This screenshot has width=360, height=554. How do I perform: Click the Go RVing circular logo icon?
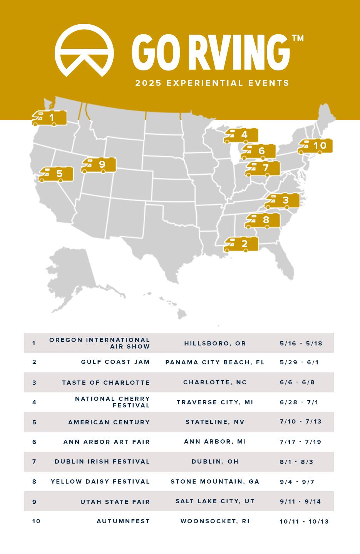(x=84, y=50)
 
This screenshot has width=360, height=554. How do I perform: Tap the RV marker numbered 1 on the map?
(x=50, y=118)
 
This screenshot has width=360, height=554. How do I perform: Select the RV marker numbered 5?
(x=56, y=174)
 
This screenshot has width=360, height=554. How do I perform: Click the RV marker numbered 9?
(x=99, y=165)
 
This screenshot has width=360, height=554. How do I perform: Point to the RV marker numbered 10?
(x=315, y=146)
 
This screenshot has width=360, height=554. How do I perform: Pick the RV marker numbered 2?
(x=241, y=244)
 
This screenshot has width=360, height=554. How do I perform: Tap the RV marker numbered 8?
(x=263, y=220)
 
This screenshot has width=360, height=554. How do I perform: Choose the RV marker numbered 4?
(x=241, y=135)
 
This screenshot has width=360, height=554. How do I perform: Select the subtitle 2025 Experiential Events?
(x=212, y=83)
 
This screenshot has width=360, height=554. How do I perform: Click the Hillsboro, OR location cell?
(x=215, y=344)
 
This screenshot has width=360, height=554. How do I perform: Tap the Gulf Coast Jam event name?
(x=115, y=362)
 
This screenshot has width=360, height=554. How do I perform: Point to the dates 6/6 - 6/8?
(x=297, y=382)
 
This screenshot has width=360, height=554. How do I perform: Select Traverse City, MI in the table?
(x=215, y=402)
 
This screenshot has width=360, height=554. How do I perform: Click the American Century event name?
(x=109, y=422)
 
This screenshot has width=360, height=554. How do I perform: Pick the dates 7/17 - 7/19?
(x=300, y=442)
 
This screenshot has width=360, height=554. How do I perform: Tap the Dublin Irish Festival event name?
(x=102, y=462)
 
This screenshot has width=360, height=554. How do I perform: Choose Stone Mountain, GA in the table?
(x=215, y=482)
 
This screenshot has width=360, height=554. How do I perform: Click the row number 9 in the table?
(x=34, y=502)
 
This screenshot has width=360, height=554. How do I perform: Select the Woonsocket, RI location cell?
(x=215, y=521)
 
